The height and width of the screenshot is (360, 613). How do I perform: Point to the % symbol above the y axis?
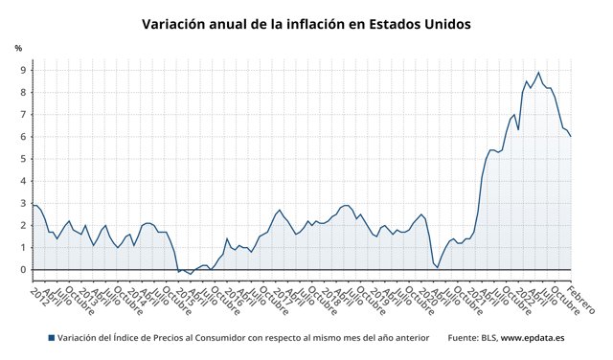coord(18,49)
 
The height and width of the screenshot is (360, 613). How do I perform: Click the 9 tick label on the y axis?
coord(23,71)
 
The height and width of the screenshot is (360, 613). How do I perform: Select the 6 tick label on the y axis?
coord(23,137)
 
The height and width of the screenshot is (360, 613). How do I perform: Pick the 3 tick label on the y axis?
coord(23,203)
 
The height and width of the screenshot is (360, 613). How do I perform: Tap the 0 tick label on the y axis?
coord(23,270)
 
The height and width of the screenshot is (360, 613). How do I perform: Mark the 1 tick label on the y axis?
coord(23,248)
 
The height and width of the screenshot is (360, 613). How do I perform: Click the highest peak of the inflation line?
coord(538,73)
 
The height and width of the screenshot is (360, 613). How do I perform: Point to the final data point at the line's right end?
coord(571,136)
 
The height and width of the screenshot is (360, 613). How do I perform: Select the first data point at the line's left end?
coord(34,205)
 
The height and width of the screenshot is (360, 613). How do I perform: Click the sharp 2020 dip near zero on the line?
coord(437,267)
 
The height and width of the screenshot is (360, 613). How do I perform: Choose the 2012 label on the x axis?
coord(39,292)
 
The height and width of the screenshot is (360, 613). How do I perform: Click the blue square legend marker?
coord(51,338)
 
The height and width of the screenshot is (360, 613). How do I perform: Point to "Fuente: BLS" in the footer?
coord(471,338)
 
